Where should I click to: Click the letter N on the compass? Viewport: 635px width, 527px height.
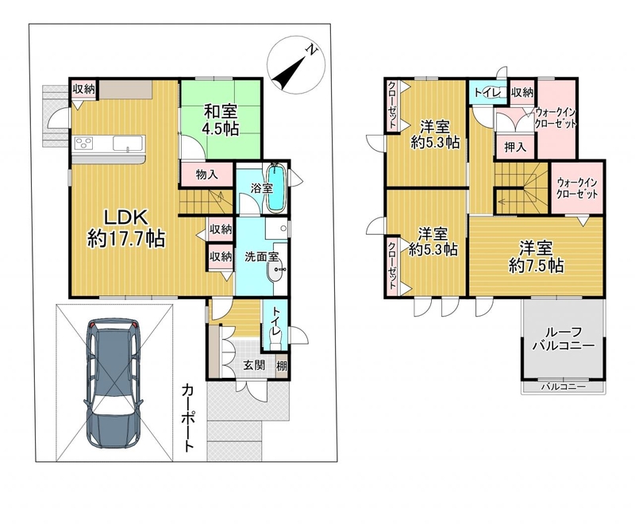[x=311, y=50]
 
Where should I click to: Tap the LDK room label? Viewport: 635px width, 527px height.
[x=126, y=218]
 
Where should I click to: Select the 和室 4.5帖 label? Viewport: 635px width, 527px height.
[x=221, y=120]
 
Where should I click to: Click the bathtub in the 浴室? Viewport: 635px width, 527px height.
[x=276, y=187]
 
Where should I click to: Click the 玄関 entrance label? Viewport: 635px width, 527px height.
[x=254, y=365]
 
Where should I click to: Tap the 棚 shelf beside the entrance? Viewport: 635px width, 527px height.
[x=282, y=366]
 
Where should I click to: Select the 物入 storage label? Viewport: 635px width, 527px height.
[x=207, y=175]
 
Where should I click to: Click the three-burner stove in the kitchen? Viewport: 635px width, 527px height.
[x=83, y=144]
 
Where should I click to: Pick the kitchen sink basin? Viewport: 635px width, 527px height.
[x=128, y=144]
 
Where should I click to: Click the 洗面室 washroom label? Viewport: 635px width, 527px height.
[x=261, y=256]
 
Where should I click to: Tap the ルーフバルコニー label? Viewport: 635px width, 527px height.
[x=564, y=339]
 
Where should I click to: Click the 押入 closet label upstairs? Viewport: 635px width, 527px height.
[x=515, y=147]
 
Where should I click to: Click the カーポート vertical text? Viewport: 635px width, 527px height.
[x=187, y=417]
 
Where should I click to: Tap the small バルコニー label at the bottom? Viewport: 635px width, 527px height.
[x=564, y=387]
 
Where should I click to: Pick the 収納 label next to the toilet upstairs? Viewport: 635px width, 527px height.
[x=522, y=92]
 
